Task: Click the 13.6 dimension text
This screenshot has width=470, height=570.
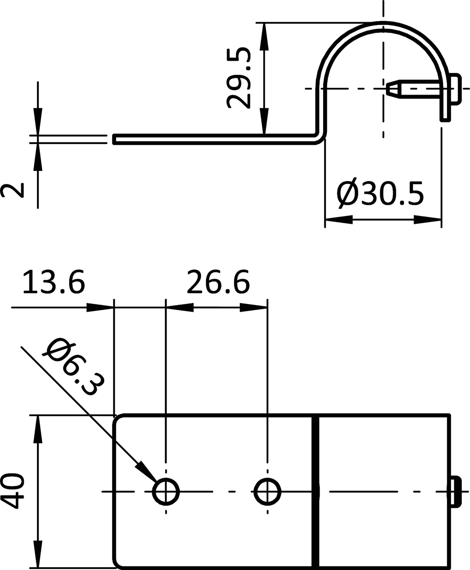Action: click(x=54, y=282)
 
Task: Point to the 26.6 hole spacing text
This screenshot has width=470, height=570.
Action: click(x=218, y=282)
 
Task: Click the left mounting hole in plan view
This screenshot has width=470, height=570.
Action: click(x=166, y=491)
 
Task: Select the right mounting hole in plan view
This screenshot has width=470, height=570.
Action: click(x=267, y=491)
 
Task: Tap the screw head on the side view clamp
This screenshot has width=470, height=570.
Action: click(x=455, y=88)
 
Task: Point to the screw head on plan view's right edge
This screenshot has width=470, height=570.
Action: click(x=455, y=491)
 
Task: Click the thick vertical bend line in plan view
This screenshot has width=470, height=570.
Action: click(x=315, y=491)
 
